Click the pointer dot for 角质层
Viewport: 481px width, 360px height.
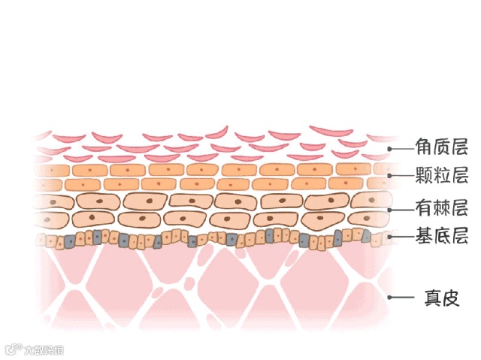coord(390,148)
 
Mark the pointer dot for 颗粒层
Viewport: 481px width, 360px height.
coord(390,177)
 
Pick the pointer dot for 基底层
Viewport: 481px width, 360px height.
coord(390,237)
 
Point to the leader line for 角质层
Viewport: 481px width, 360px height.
coord(402,148)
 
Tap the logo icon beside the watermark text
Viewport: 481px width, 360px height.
coord(13,349)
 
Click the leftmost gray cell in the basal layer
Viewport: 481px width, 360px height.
coord(68,241)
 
